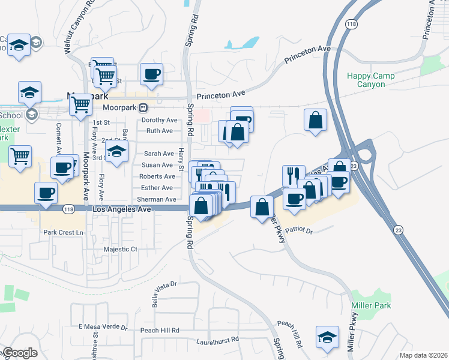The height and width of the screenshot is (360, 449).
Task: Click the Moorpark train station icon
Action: coord(143,108)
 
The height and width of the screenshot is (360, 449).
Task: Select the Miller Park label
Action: coord(371,306)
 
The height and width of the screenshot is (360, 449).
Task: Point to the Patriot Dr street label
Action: coord(300,229)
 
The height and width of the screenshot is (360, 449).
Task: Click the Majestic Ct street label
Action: coord(121,249)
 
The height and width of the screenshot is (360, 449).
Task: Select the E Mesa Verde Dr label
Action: coord(103,328)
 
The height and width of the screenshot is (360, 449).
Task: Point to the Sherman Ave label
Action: coord(157,199)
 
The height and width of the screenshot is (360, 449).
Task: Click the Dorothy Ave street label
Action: coord(159,120)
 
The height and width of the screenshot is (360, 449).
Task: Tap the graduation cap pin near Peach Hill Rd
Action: coord(328,337)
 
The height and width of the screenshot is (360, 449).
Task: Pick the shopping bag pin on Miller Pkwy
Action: coord(261,208)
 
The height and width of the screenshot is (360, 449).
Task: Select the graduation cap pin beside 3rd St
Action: coord(118,150)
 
